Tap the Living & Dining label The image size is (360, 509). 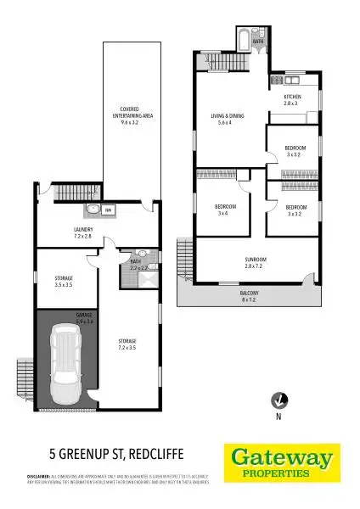(x=227, y=118)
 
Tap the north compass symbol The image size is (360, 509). (x=277, y=400)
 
